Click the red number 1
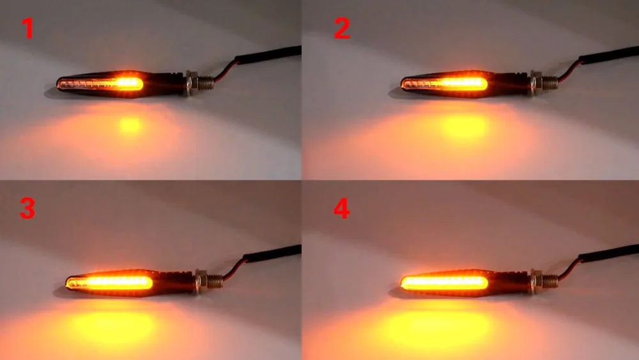pos(27,29)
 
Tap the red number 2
pos(342,29)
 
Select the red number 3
pos(27,208)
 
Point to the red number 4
pos(342,208)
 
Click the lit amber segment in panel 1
pos(128,82)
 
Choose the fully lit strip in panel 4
pos(444,282)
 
